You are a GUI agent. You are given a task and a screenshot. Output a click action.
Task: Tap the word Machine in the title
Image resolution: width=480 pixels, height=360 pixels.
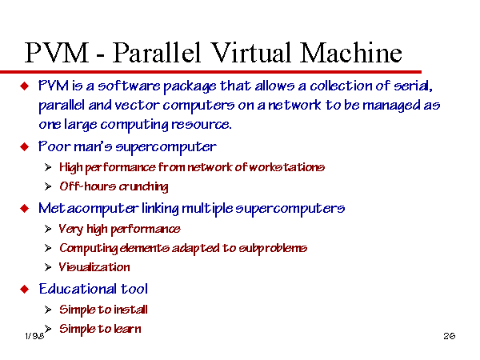pos(350,53)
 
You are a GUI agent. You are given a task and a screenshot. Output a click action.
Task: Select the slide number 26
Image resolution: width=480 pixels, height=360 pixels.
pos(450,336)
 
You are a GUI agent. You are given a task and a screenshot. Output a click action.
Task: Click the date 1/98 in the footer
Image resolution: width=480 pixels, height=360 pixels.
pos(34,336)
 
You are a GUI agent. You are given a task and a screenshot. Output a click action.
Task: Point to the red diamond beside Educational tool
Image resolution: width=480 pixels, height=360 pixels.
pos(25,289)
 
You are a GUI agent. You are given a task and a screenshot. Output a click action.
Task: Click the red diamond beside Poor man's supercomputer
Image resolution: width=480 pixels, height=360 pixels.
pos(25,146)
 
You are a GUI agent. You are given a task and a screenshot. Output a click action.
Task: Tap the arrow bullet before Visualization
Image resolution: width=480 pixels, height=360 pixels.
pos(48,267)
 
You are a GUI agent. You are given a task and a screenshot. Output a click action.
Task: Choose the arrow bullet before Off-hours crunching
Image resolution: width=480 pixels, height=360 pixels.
pos(48,186)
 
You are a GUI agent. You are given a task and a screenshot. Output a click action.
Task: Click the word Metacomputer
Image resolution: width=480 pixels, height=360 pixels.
pos(89,209)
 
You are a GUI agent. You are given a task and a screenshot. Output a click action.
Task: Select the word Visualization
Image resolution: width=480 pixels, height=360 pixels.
pos(94,267)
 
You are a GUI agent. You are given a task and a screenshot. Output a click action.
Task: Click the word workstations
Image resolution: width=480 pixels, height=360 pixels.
pos(287,167)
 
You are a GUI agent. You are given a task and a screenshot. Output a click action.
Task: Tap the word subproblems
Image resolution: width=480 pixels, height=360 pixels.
pos(273,248)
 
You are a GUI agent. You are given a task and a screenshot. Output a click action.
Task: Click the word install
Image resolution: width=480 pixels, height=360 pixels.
pos(130,310)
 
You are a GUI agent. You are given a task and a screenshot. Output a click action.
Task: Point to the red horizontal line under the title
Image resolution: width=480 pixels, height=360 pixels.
pos(210,72)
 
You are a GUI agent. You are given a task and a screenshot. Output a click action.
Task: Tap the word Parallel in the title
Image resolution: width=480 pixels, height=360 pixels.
pos(157,53)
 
